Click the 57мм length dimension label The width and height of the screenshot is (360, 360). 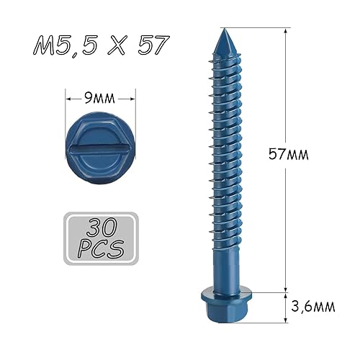click(288, 154)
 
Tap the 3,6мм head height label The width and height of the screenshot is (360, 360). click(312, 306)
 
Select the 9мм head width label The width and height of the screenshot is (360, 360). click(99, 98)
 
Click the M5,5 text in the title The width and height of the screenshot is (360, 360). click(66, 45)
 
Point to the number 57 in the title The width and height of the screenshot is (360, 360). click(153, 45)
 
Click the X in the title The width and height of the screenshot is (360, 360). click(117, 45)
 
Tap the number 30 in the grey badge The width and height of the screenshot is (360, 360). click(102, 227)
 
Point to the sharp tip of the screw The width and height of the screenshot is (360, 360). click(224, 29)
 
